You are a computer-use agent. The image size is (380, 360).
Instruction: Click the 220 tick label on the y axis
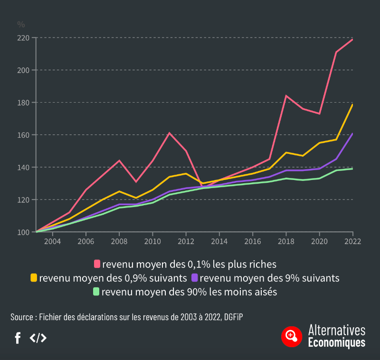click(24, 38)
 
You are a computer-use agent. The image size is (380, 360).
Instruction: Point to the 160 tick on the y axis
click(24, 135)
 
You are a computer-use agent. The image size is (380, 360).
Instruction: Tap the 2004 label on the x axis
click(52, 241)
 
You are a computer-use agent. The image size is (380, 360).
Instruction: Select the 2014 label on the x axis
click(219, 241)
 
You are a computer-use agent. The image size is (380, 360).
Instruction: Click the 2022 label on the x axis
click(352, 241)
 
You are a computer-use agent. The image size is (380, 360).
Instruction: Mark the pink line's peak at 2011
click(169, 133)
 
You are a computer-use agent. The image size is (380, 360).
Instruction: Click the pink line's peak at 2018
click(286, 96)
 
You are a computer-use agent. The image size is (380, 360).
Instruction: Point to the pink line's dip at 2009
click(136, 182)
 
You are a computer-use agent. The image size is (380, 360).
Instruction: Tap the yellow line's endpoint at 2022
click(352, 104)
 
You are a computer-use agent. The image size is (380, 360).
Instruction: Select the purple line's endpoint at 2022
click(352, 133)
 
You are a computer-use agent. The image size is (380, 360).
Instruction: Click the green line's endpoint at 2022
click(352, 169)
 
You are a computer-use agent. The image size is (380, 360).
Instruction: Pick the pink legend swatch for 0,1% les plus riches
click(97, 264)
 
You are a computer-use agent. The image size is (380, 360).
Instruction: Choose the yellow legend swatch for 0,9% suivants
click(34, 277)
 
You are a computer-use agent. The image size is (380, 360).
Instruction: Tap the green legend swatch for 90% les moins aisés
click(96, 291)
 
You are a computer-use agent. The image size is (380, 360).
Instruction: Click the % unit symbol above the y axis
click(21, 24)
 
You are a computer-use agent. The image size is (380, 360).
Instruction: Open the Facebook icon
click(18, 338)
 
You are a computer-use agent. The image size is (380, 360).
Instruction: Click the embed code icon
click(38, 338)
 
